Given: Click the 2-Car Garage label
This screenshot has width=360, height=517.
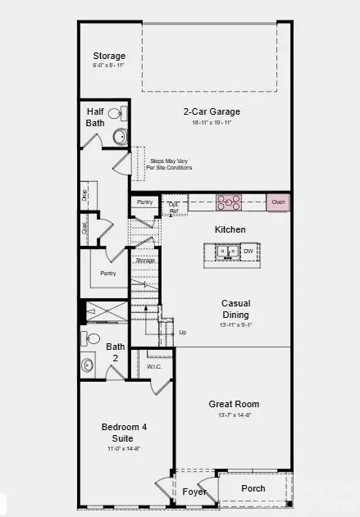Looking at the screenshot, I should tap(212, 111).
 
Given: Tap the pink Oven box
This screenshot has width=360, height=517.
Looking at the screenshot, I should tap(278, 202).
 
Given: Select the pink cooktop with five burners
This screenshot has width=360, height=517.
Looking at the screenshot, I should tap(229, 202).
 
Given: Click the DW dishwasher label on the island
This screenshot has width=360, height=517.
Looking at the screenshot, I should tap(248, 252).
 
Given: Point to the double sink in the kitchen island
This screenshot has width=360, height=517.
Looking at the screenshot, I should tap(227, 252).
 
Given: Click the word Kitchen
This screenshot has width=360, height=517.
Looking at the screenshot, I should tap(230, 229).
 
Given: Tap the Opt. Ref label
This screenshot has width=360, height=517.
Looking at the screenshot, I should tap(174, 207).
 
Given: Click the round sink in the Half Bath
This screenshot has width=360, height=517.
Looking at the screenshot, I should tap(120, 137).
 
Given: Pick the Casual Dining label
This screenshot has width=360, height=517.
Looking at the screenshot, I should tap(234, 308).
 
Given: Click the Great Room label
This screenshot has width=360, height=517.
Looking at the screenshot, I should tap(234, 404).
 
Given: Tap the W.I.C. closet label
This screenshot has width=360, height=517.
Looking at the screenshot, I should tap(155, 366).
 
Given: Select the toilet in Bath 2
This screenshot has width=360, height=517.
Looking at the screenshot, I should tap(93, 338).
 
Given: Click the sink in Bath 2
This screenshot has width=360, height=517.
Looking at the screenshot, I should tap(88, 365).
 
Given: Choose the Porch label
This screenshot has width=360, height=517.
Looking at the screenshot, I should tap(253, 488).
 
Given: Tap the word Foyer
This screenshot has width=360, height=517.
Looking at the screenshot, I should tap(194, 492).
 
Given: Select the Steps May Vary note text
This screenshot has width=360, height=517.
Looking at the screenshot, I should tap(171, 165).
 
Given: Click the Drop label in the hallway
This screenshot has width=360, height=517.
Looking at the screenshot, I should tap(84, 194).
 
